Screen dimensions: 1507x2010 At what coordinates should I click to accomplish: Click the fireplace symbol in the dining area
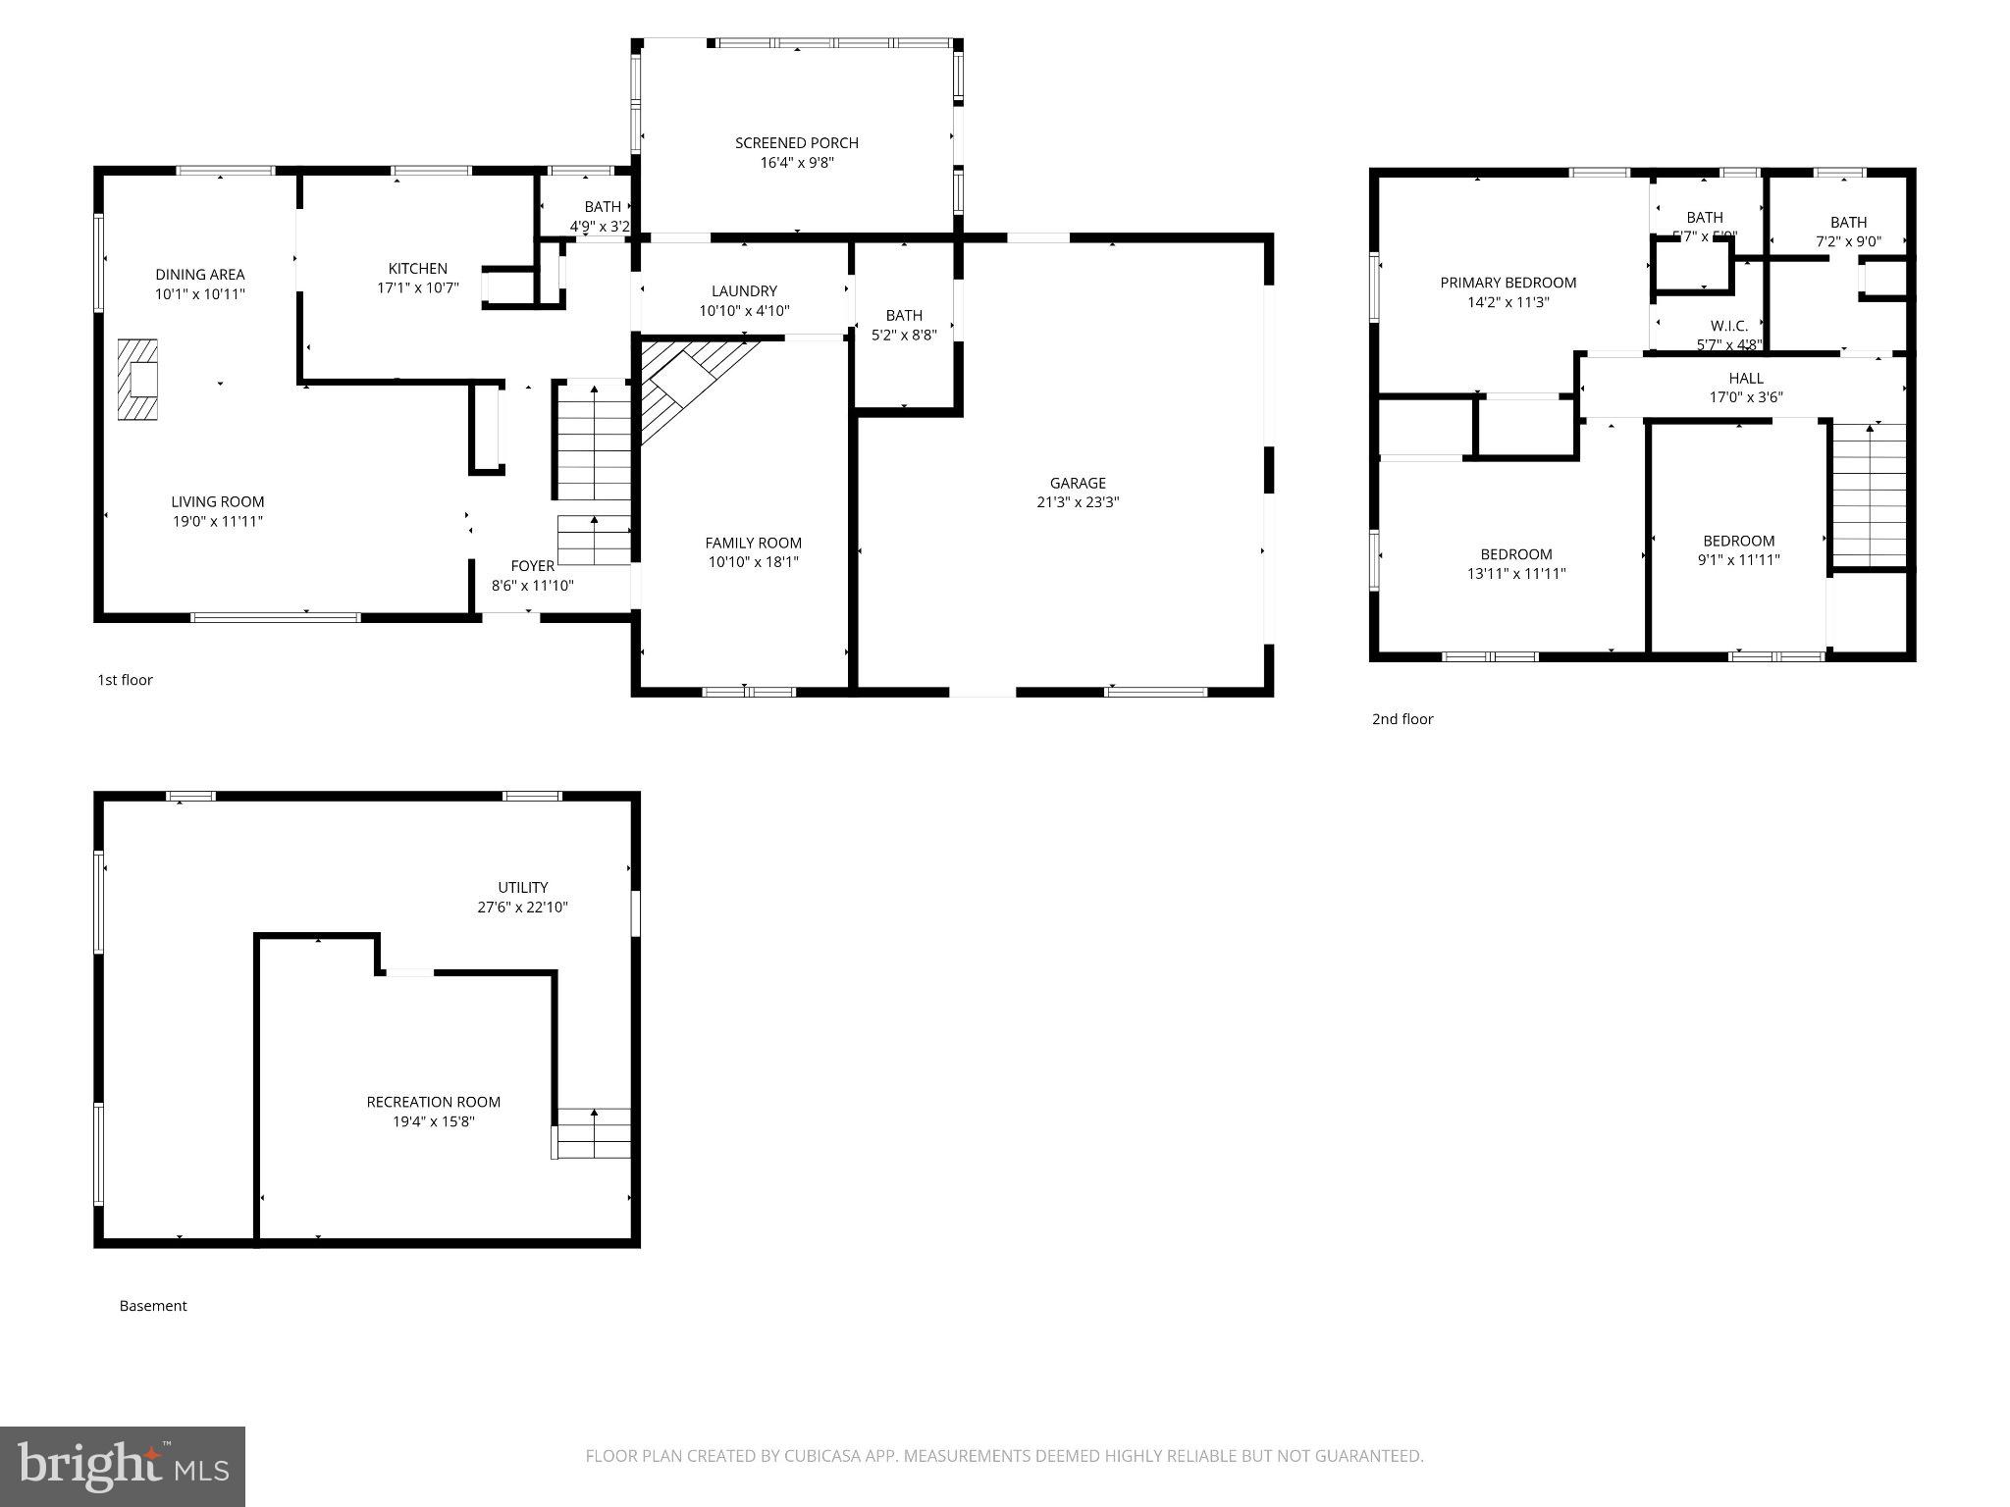137,380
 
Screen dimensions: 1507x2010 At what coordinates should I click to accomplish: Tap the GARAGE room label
1078,483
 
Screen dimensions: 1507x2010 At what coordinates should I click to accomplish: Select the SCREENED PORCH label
796,143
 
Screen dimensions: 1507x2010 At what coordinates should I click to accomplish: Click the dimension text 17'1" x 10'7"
418,288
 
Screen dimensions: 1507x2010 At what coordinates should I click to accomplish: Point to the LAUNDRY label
744,291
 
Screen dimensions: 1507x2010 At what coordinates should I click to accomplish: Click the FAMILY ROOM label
753,543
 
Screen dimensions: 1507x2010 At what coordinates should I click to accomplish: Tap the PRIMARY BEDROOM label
1507,283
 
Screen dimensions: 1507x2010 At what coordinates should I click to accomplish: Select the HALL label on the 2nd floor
1745,378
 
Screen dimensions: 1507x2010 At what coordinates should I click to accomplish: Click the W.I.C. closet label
1728,326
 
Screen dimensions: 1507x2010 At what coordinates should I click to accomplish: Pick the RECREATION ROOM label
433,1102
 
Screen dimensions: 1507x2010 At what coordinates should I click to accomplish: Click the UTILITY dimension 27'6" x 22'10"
522,908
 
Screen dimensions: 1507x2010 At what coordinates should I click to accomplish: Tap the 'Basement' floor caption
152,1306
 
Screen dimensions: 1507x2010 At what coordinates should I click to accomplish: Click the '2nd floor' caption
1402,719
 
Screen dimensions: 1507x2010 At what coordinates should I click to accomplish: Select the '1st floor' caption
125,680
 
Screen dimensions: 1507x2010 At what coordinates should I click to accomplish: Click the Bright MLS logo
122,1466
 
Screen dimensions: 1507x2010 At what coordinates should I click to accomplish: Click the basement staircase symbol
593,1133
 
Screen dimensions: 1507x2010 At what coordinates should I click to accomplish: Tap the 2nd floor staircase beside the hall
1869,495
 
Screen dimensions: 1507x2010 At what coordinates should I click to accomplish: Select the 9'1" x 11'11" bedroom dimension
1738,560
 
